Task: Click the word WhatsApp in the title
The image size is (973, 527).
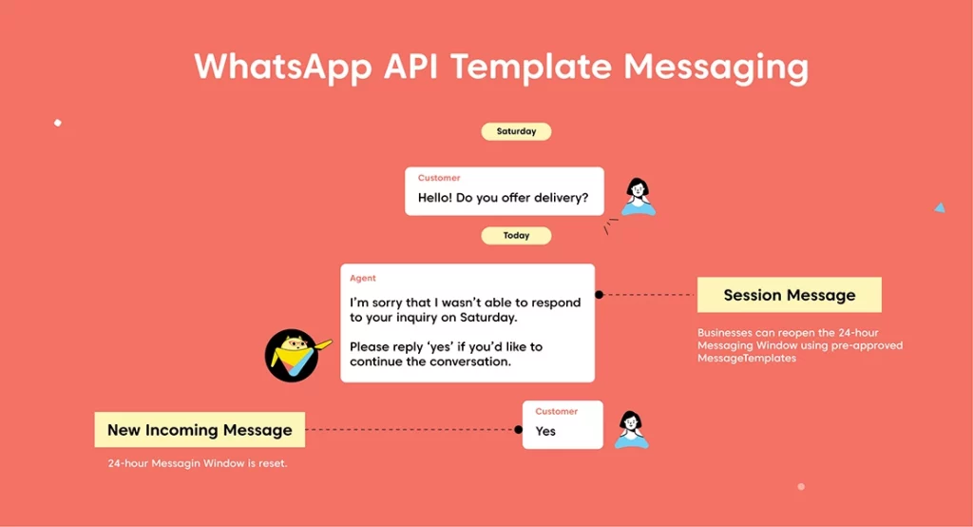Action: pos(283,68)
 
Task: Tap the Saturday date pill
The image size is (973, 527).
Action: pos(516,131)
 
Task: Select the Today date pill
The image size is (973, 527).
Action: pos(516,236)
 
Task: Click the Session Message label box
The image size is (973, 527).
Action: pos(790,295)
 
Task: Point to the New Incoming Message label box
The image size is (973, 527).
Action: pos(200,429)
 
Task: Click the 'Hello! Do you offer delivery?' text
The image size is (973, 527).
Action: pos(503,198)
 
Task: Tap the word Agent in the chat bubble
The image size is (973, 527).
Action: pos(363,278)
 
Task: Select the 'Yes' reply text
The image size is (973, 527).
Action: pos(545,431)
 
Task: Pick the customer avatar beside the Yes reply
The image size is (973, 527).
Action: pos(632,429)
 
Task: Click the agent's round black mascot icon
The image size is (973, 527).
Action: pos(292,356)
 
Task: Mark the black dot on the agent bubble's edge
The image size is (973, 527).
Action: pos(599,295)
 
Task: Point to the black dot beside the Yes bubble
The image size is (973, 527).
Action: pos(518,429)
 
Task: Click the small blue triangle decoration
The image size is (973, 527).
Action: pos(940,207)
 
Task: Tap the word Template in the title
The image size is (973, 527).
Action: pos(531,68)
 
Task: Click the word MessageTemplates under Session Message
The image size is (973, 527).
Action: pos(747,358)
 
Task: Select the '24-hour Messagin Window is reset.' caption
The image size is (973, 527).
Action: pos(198,463)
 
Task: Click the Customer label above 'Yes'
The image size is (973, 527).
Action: pos(557,411)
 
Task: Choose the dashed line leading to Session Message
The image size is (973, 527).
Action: pos(648,295)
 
